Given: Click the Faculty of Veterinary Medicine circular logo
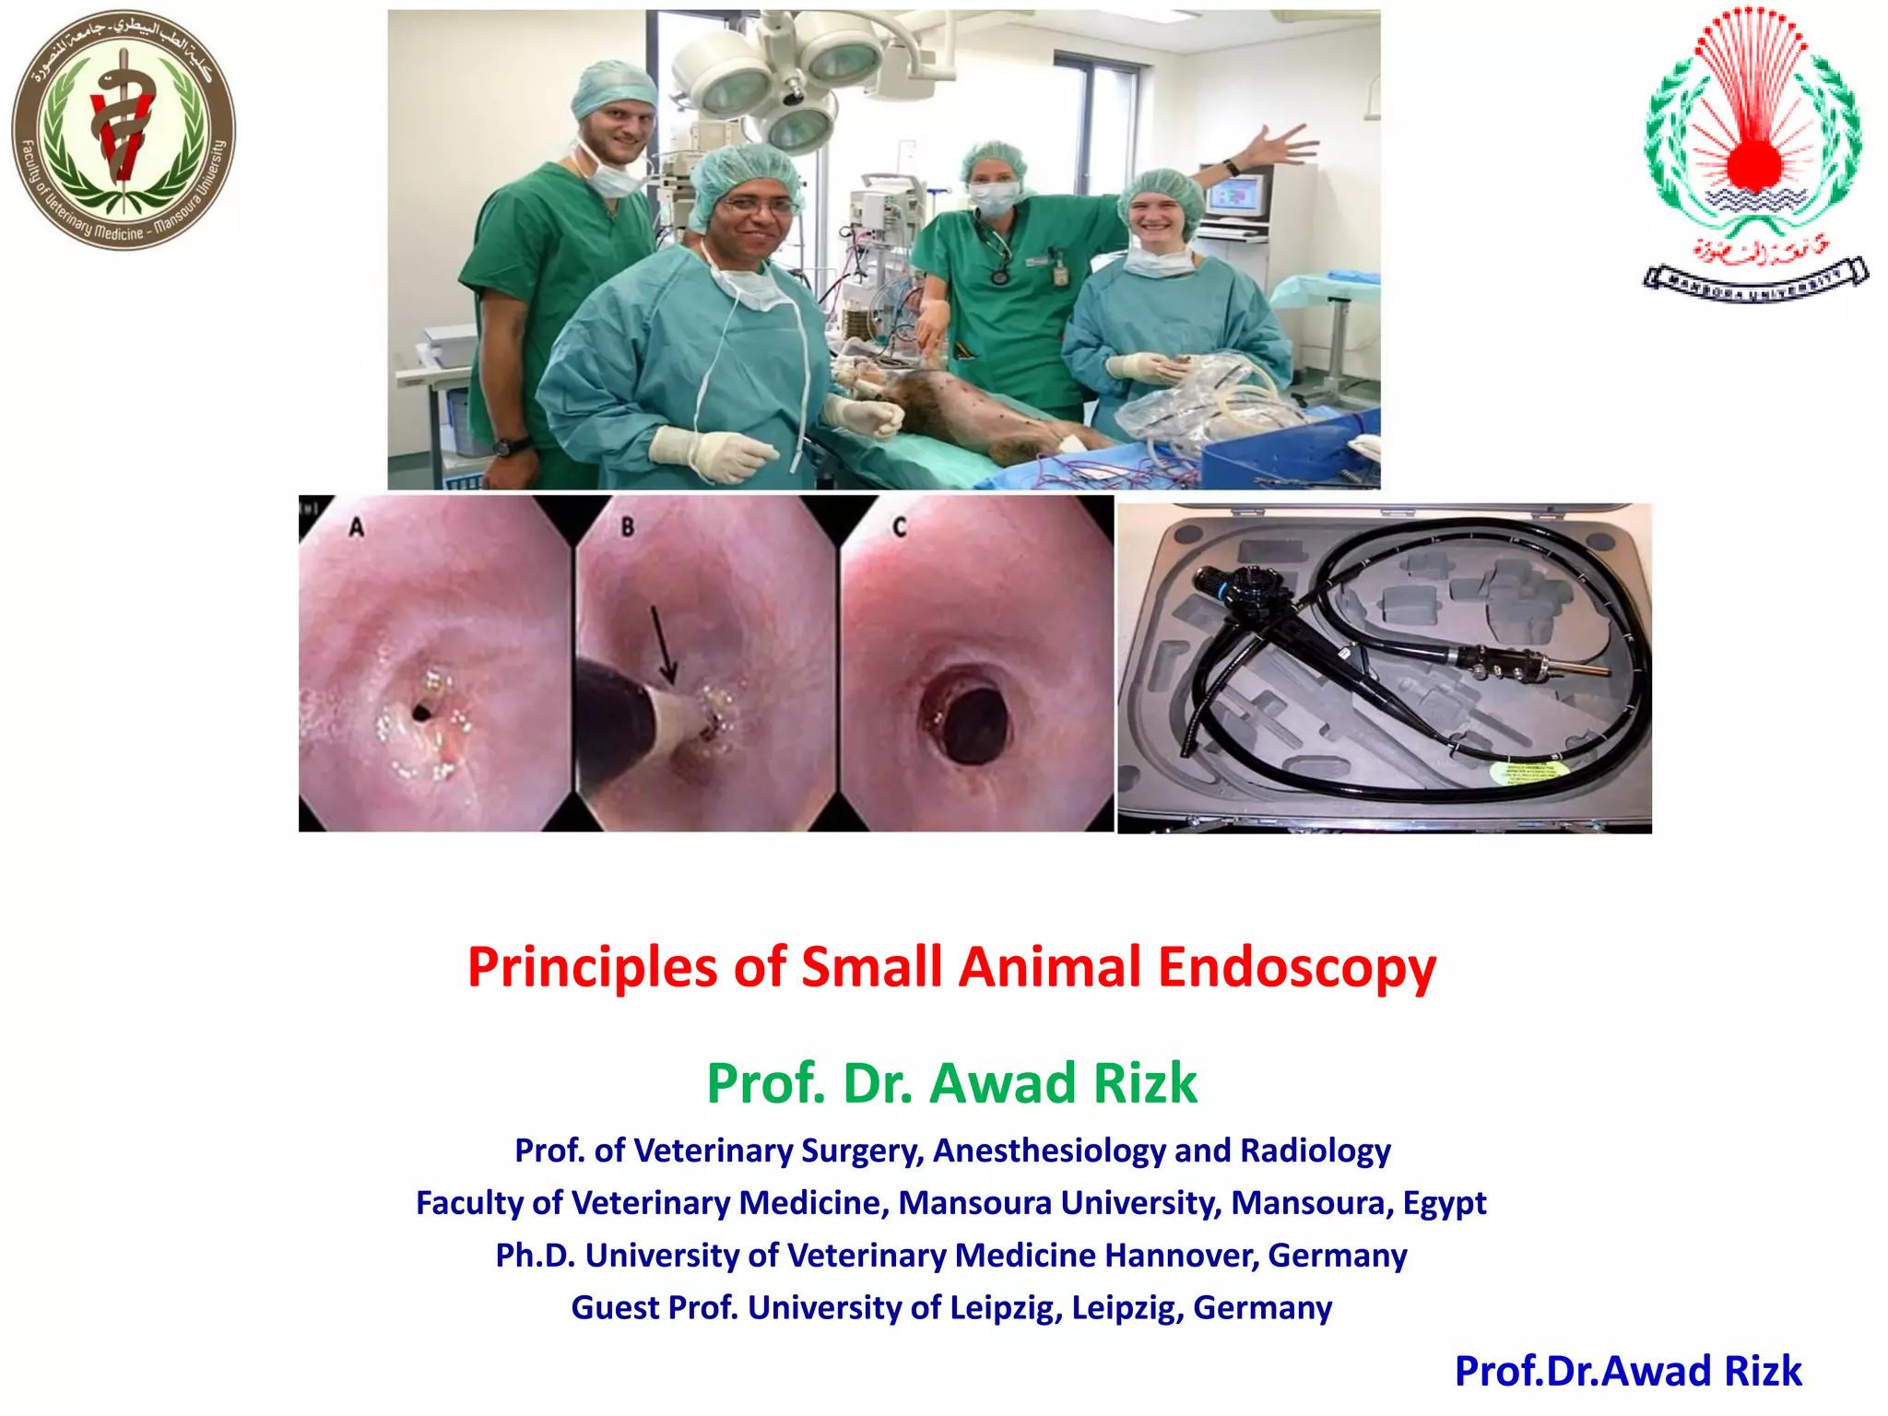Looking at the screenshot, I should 124,131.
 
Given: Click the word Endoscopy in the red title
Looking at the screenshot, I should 1296,967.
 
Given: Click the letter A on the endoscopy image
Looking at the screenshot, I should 356,527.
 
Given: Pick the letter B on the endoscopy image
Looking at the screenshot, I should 628,527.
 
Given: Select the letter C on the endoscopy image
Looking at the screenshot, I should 899,527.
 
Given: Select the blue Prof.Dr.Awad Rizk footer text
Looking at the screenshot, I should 1627,1371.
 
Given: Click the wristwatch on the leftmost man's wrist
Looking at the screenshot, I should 505,447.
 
